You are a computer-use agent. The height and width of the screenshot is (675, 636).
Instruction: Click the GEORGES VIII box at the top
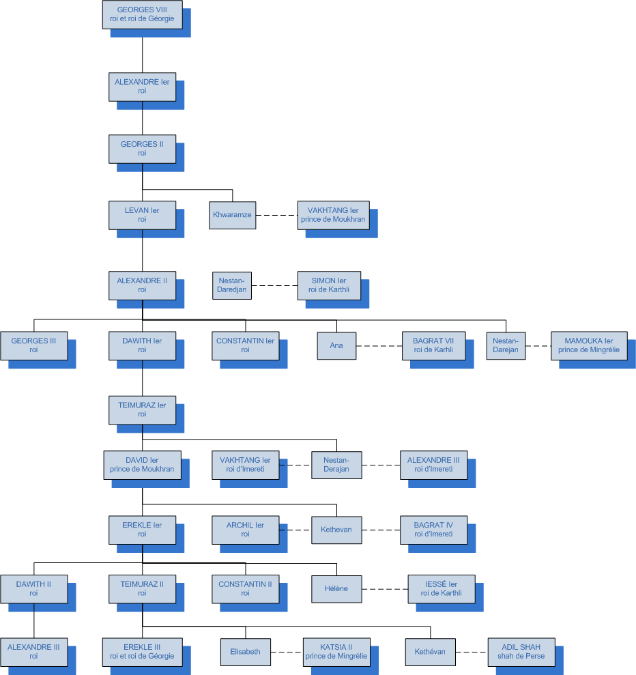[142, 14]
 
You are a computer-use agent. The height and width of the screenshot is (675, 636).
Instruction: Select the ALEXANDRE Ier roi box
[142, 86]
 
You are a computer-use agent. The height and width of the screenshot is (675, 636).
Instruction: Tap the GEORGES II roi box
[142, 149]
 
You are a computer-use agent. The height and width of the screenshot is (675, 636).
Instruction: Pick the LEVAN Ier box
[142, 215]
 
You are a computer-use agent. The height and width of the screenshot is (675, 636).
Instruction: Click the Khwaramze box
[232, 215]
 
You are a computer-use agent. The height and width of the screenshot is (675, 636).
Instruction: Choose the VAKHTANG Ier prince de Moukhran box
[333, 215]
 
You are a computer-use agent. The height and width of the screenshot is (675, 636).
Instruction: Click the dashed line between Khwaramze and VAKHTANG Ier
[276, 215]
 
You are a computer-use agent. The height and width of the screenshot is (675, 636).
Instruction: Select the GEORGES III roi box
[33, 345]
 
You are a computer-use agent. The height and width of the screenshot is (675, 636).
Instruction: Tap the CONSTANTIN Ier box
[245, 345]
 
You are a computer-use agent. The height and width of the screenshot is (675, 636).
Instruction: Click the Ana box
[336, 345]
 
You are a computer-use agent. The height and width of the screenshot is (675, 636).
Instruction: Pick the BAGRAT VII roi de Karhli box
[433, 345]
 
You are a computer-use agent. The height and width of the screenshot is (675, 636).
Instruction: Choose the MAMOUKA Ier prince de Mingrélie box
[589, 345]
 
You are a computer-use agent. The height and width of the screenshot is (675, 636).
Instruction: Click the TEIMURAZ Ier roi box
[142, 410]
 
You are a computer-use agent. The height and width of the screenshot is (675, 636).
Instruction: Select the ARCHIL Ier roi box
[245, 530]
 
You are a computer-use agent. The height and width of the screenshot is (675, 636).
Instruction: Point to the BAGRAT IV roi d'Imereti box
[433, 530]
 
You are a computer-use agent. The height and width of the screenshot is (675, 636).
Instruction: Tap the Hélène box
[336, 588]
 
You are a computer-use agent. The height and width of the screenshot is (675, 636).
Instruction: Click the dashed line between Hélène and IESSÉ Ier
[384, 588]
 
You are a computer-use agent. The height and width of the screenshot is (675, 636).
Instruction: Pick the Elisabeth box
[246, 652]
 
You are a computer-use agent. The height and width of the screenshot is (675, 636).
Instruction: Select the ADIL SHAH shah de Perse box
[521, 652]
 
